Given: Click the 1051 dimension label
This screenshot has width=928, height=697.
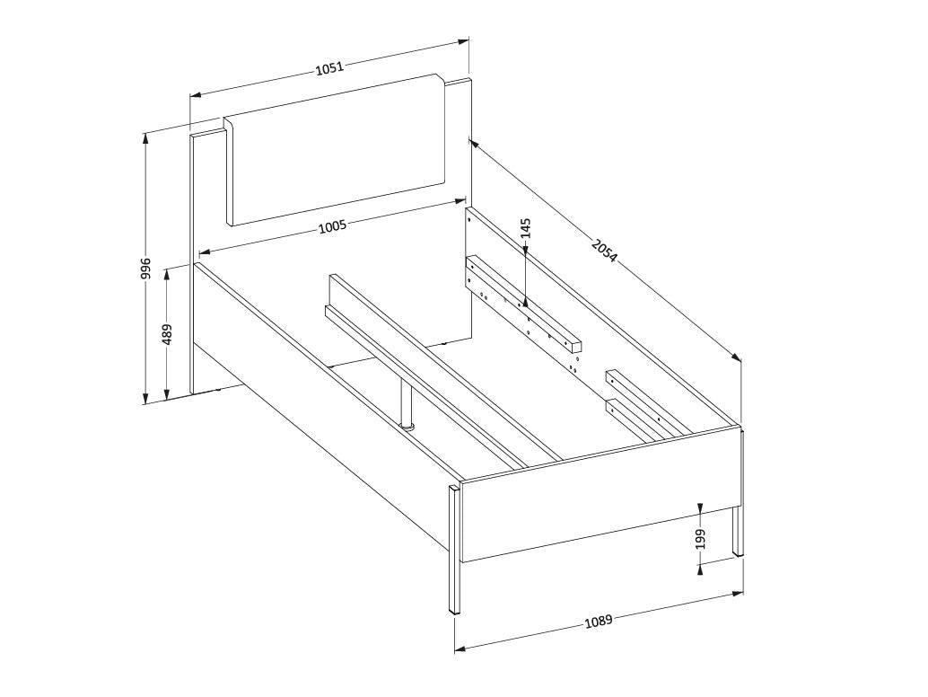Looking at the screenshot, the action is click(x=329, y=67).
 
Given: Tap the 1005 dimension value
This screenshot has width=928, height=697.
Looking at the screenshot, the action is click(x=332, y=227).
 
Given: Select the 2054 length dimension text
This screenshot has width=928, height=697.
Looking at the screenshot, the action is click(x=604, y=250).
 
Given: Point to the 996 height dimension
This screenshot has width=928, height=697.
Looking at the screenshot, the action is click(x=146, y=269).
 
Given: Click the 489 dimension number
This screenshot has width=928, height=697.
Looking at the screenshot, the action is click(x=167, y=335).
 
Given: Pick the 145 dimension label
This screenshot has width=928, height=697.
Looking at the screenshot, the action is click(x=526, y=228).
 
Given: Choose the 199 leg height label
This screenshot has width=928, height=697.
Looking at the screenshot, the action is click(x=701, y=540).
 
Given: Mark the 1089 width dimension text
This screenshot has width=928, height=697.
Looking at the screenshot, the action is click(x=598, y=622).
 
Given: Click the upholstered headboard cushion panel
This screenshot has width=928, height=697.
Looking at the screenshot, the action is click(x=337, y=149).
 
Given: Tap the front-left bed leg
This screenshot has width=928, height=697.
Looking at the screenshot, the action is click(x=454, y=550).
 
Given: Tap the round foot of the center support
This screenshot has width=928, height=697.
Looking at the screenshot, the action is click(x=407, y=425).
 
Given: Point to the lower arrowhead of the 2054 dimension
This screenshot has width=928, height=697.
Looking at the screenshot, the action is click(x=737, y=357).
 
